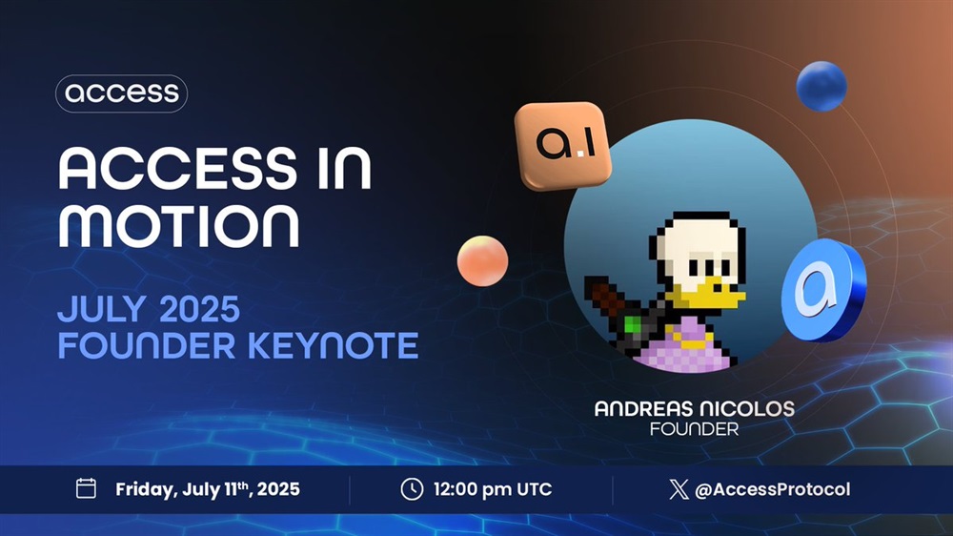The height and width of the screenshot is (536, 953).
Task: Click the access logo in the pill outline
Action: [122, 93]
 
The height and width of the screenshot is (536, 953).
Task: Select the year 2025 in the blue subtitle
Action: [199, 309]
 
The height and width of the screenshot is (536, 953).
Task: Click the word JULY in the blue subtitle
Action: [102, 309]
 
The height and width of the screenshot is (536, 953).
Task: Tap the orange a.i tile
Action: [563, 145]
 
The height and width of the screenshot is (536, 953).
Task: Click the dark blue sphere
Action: [821, 86]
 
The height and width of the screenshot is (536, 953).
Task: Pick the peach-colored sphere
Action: [482, 261]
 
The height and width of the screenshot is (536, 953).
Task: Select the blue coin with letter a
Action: [823, 290]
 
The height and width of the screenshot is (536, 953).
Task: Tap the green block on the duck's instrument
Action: [633, 324]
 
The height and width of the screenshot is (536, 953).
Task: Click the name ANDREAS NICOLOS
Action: [694, 408]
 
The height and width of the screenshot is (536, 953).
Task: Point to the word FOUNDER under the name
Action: [694, 429]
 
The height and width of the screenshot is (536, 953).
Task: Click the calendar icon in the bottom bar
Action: [86, 488]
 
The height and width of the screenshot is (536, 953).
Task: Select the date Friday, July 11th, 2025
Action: [207, 489]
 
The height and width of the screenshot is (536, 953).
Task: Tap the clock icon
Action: [412, 489]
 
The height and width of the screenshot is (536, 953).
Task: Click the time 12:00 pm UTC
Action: [493, 489]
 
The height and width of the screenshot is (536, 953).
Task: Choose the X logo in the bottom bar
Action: [679, 489]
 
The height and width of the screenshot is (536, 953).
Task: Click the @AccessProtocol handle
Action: [772, 489]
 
